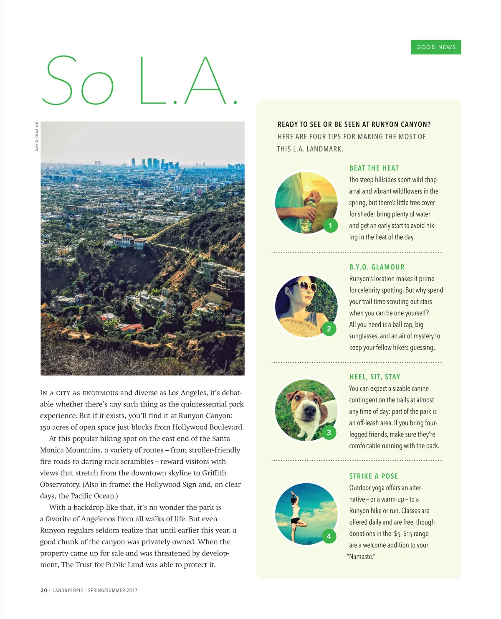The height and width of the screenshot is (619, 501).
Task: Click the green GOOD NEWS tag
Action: [436, 47]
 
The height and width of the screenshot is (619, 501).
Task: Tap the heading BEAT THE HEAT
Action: [374, 168]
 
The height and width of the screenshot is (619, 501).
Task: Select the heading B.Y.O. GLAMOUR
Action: [377, 267]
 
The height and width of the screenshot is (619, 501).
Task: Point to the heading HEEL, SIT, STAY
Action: [374, 377]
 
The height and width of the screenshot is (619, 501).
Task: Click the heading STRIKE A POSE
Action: [374, 476]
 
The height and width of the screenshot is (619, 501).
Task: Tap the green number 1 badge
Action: [330, 226]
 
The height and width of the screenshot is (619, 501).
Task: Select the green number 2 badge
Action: [329, 329]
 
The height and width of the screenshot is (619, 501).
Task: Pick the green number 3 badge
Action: [329, 432]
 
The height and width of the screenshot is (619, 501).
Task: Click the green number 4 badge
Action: [329, 536]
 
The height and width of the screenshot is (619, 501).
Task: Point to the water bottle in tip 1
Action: [309, 213]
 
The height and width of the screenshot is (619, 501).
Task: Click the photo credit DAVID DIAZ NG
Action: [37, 136]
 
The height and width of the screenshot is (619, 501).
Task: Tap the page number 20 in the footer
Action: [44, 590]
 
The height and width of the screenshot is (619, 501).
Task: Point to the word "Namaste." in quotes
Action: [361, 557]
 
